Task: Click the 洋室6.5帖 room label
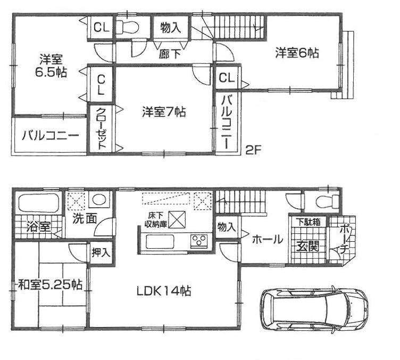[51, 66]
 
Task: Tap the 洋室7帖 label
[164, 112]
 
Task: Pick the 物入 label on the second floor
[170, 28]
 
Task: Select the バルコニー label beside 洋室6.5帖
[51, 136]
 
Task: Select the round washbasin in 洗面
[98, 201]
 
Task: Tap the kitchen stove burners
[200, 241]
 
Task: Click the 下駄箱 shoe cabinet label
[307, 222]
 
